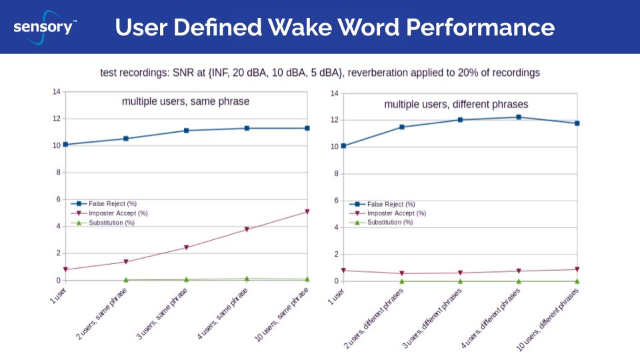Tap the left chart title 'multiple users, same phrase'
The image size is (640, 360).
(x=185, y=101)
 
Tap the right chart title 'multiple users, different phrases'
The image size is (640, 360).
(x=456, y=104)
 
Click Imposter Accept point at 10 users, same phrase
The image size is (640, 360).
(x=307, y=211)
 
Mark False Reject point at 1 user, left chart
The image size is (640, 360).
(x=65, y=144)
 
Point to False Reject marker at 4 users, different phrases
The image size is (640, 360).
(x=519, y=117)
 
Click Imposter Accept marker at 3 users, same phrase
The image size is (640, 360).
(x=186, y=247)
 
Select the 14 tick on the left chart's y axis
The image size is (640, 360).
(x=57, y=91)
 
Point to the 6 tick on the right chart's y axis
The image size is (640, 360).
(x=335, y=200)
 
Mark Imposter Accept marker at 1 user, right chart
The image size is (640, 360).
(x=343, y=270)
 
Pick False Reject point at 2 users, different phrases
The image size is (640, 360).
(x=401, y=127)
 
